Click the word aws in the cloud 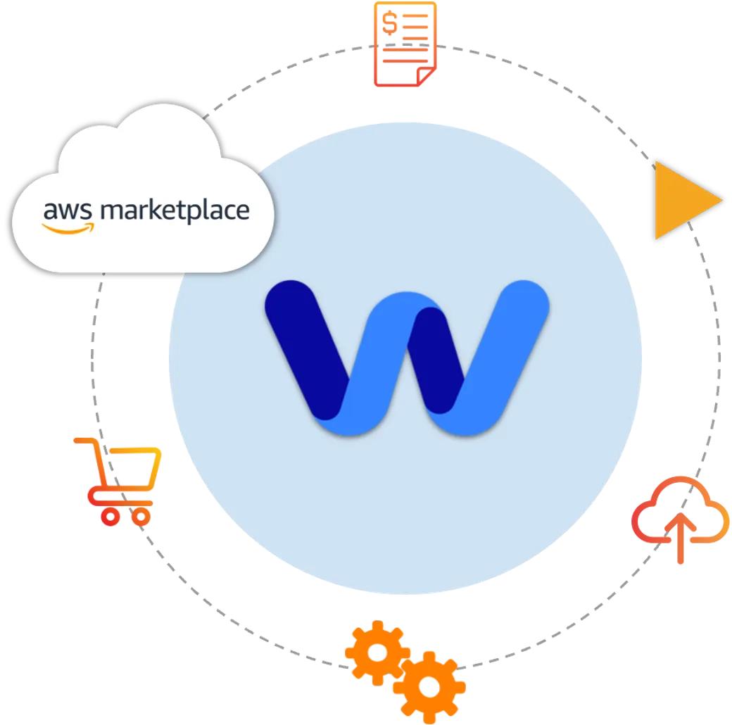coord(68,211)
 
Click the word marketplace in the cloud coord(175,210)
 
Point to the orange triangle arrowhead coord(683,201)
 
